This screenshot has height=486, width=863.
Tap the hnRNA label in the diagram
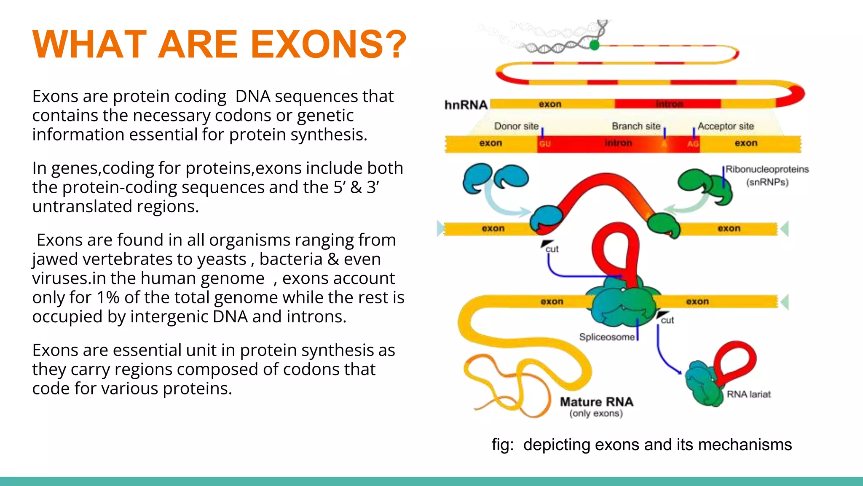(x=466, y=105)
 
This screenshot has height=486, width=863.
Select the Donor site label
(x=516, y=126)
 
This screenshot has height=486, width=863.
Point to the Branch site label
(x=635, y=126)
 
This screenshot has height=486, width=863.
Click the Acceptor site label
(x=725, y=126)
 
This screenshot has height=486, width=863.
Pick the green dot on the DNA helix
(x=594, y=45)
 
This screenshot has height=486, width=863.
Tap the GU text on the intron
(x=545, y=144)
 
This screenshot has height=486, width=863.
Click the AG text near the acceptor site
(x=693, y=144)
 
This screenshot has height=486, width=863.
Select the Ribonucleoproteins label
(x=767, y=170)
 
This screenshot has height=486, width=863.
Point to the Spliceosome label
(x=606, y=337)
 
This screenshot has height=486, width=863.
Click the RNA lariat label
(x=748, y=394)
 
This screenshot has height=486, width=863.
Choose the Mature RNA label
(x=596, y=402)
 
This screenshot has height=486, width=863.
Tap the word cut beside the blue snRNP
(x=552, y=249)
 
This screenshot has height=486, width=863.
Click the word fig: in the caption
(x=502, y=445)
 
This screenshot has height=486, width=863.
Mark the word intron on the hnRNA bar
(x=669, y=104)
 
